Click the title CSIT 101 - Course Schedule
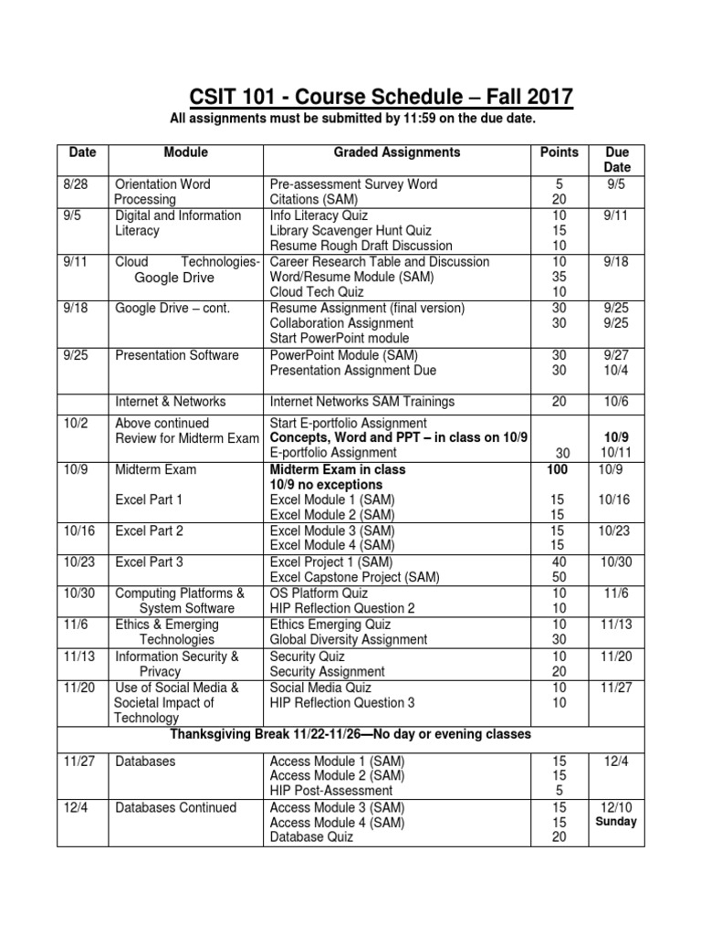tap(382, 97)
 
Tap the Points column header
tap(560, 152)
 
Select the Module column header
tap(185, 152)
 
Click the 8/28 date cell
tap(74, 184)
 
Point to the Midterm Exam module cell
tap(155, 469)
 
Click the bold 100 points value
tap(558, 469)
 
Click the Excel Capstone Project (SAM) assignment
tap(355, 577)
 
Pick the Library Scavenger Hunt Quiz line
tap(350, 231)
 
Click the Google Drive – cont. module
tap(173, 308)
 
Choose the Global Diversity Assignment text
tap(349, 640)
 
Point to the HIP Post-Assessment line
tap(331, 791)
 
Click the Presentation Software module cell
tap(177, 355)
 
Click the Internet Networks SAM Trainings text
tap(361, 402)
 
